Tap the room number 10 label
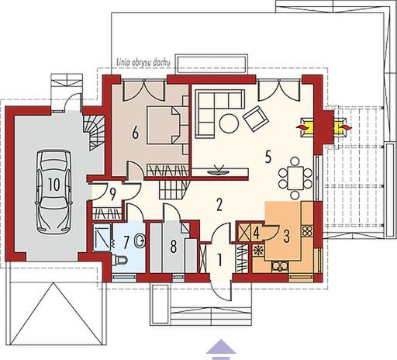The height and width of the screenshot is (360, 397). pyautogui.click(x=52, y=185)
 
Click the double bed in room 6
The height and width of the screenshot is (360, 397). pyautogui.click(x=166, y=125)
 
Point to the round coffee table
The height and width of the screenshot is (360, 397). pyautogui.click(x=229, y=122)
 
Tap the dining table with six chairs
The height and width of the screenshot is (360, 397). pyautogui.click(x=295, y=176)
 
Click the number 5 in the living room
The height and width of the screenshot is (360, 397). pyautogui.click(x=267, y=156)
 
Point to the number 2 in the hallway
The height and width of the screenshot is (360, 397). pyautogui.click(x=219, y=205)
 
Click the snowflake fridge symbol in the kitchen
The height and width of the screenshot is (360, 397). pyautogui.click(x=258, y=250)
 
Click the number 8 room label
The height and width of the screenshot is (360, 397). pyautogui.click(x=173, y=247)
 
